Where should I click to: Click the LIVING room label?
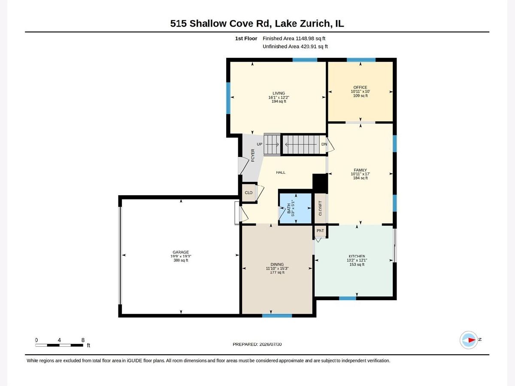[279, 93]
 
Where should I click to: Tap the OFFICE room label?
[360, 87]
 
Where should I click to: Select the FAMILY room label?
[360, 170]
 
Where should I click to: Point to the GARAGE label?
[181, 252]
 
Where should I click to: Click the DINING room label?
[277, 264]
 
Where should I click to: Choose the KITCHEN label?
[357, 256]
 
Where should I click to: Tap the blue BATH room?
[296, 208]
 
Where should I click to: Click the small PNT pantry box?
[320, 231]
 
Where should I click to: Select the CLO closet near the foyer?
[248, 193]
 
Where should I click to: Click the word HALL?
[281, 172]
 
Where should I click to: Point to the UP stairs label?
[260, 144]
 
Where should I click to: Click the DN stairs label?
[324, 144]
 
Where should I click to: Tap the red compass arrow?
[472, 340]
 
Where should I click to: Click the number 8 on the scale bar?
[83, 340]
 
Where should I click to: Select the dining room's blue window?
[277, 316]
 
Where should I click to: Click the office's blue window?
[361, 60]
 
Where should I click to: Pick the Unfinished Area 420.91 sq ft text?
[295, 46]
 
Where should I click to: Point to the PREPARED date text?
[257, 344]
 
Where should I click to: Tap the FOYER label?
[253, 155]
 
